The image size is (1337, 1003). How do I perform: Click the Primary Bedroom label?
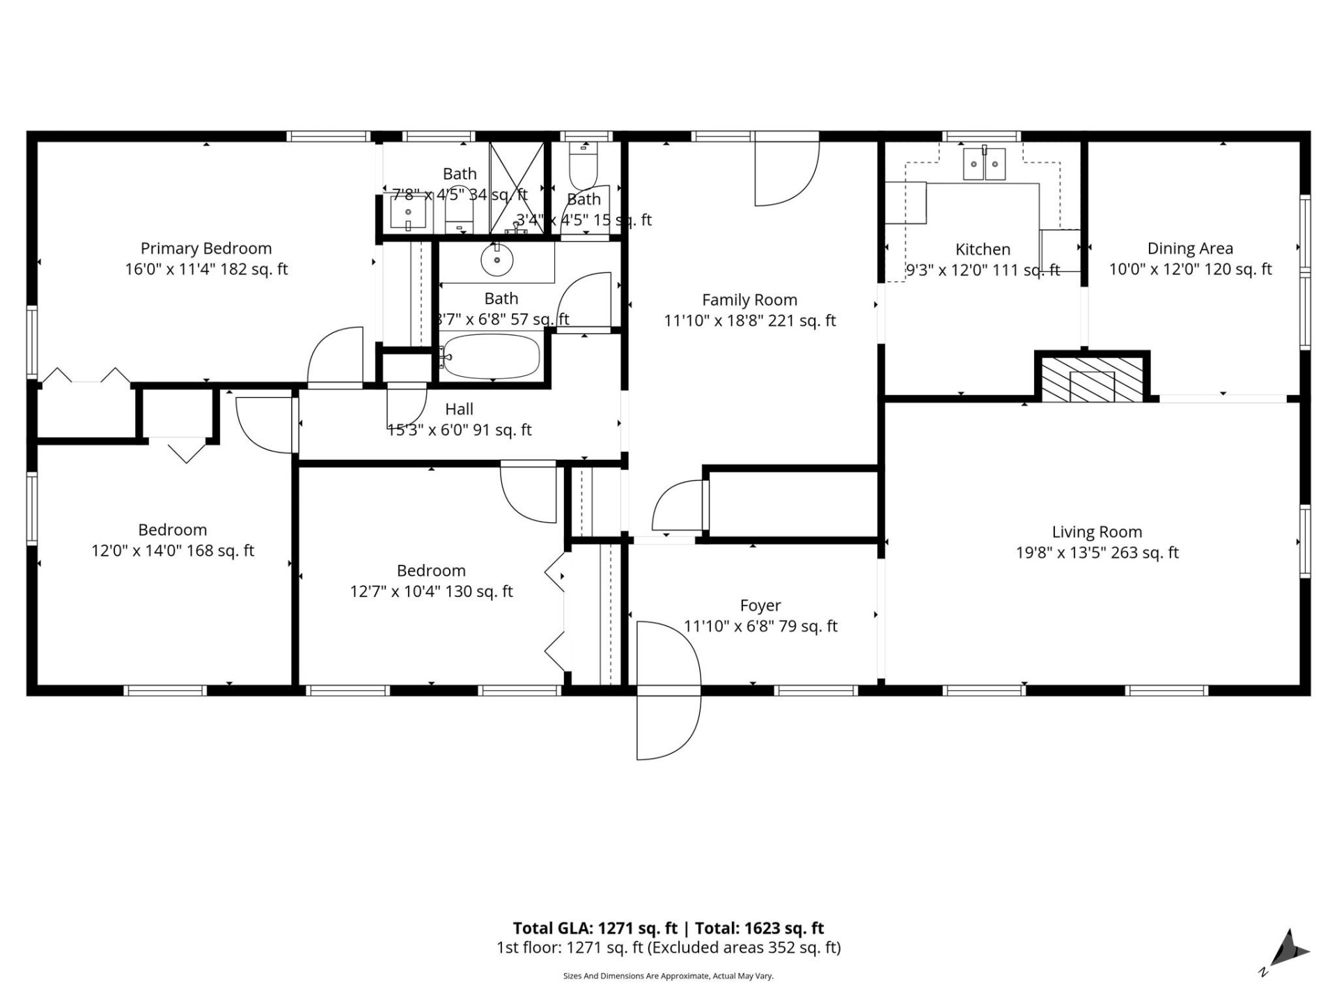click(206, 249)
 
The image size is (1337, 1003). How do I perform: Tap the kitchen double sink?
click(984, 164)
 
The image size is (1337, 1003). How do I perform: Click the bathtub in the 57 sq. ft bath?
click(492, 357)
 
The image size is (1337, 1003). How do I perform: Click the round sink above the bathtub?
click(497, 261)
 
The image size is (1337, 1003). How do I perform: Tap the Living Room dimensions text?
click(1097, 553)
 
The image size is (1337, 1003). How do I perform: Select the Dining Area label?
click(1189, 249)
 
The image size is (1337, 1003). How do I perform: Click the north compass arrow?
click(1291, 949)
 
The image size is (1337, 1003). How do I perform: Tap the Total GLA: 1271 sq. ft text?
click(595, 928)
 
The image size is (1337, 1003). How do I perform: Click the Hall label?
click(459, 410)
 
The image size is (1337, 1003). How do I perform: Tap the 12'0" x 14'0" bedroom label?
click(173, 551)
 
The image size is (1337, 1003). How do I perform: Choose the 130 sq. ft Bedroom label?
click(431, 571)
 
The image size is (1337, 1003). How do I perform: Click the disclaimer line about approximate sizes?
click(668, 977)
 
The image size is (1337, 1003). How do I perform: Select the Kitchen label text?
click(983, 249)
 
